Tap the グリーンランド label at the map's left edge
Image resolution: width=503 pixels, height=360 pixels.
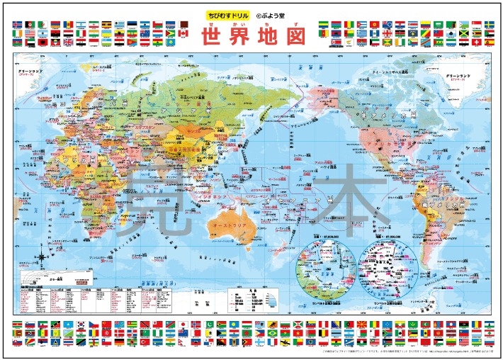(30, 72)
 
